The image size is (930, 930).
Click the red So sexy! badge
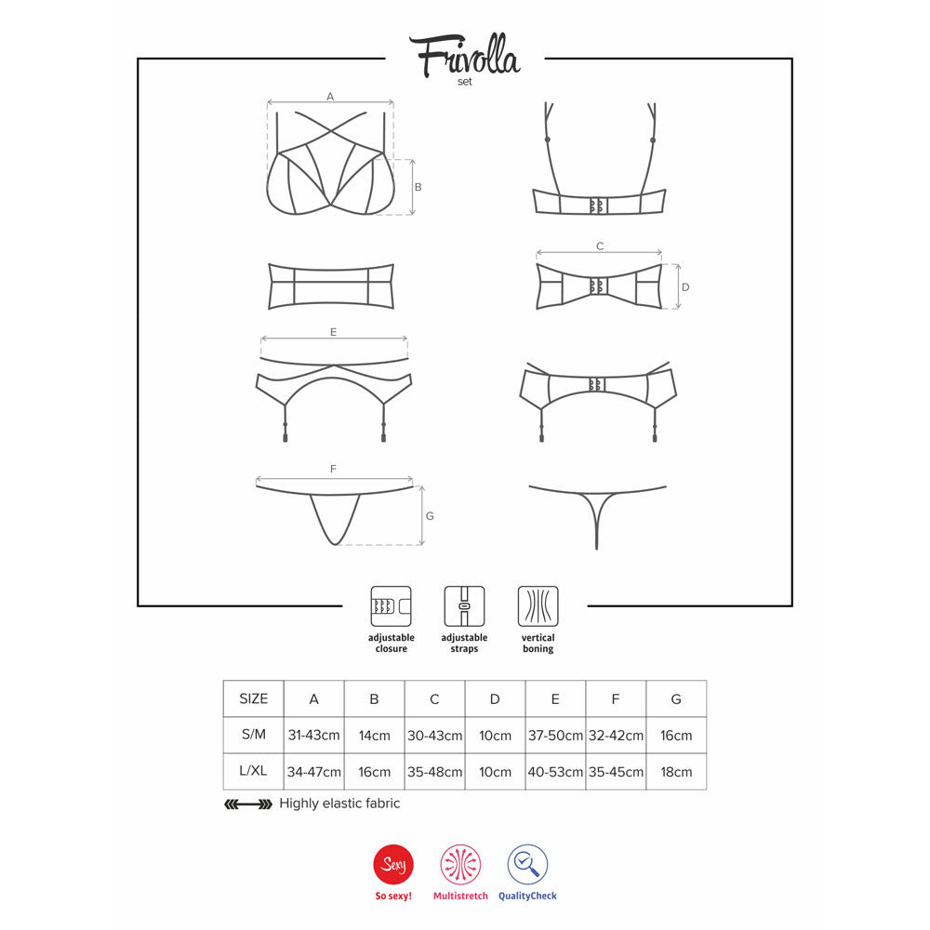point(392,866)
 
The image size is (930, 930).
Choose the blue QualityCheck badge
point(527,866)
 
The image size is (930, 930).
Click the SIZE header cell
point(253,698)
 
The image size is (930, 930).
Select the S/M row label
point(253,735)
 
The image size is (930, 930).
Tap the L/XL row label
point(253,772)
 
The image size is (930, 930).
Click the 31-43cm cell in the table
point(314,735)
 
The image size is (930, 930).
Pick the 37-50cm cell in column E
point(555,735)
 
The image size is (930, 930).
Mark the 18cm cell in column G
point(676,772)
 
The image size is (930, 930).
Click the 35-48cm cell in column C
point(434,772)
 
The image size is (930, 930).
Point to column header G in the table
point(676,698)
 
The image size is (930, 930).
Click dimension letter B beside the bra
point(418,187)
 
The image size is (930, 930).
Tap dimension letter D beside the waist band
point(684,287)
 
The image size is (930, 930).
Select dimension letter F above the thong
point(333,470)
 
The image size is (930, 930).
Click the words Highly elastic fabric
point(339,804)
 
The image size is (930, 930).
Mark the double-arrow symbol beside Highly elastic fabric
point(248,804)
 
